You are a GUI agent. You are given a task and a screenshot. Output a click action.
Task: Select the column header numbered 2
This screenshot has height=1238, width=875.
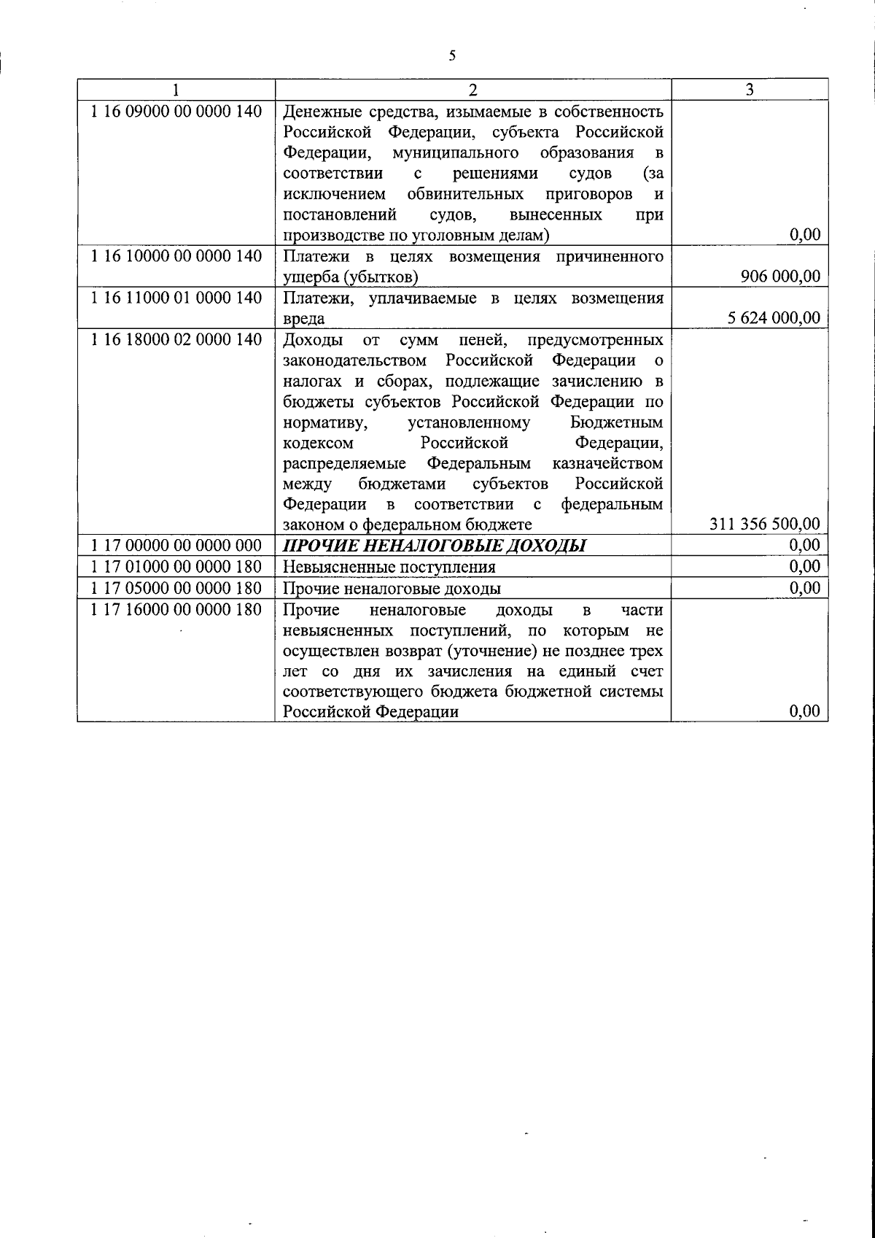pyautogui.click(x=472, y=89)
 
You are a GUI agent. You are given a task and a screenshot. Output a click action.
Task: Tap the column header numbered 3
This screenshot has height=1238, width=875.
pyautogui.click(x=750, y=89)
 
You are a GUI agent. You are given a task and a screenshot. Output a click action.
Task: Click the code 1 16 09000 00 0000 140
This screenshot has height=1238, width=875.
pyautogui.click(x=176, y=112)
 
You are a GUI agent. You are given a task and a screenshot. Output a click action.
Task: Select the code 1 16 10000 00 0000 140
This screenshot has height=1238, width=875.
pyautogui.click(x=176, y=257)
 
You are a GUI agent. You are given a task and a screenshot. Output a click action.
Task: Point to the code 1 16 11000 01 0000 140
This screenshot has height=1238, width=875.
pyautogui.click(x=176, y=298)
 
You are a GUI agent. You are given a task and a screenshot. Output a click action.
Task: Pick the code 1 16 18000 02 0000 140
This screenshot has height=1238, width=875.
pyautogui.click(x=176, y=340)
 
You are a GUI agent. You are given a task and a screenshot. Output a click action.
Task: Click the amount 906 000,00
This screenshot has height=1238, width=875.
pyautogui.click(x=780, y=276)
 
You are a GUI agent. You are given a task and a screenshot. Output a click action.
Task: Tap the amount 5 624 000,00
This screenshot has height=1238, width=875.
pyautogui.click(x=774, y=318)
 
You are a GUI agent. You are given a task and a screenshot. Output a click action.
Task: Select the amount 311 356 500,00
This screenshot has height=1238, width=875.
pyautogui.click(x=764, y=525)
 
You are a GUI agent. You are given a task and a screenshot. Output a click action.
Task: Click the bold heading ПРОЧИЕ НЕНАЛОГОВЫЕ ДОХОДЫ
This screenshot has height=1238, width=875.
pyautogui.click(x=434, y=546)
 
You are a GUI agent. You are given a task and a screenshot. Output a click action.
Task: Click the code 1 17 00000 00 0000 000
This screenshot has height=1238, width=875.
pyautogui.click(x=176, y=546)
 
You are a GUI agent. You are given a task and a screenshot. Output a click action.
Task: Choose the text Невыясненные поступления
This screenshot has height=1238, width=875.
pyautogui.click(x=389, y=567)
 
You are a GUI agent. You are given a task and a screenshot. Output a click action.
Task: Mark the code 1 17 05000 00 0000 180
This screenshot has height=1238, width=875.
pyautogui.click(x=176, y=588)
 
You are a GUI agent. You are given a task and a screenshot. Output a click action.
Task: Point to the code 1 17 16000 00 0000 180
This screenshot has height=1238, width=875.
pyautogui.click(x=176, y=609)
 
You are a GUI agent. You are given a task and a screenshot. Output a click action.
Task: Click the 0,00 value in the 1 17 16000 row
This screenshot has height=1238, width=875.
pyautogui.click(x=805, y=712)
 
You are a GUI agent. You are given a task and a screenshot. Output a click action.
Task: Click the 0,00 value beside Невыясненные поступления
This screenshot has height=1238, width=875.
pyautogui.click(x=805, y=567)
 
